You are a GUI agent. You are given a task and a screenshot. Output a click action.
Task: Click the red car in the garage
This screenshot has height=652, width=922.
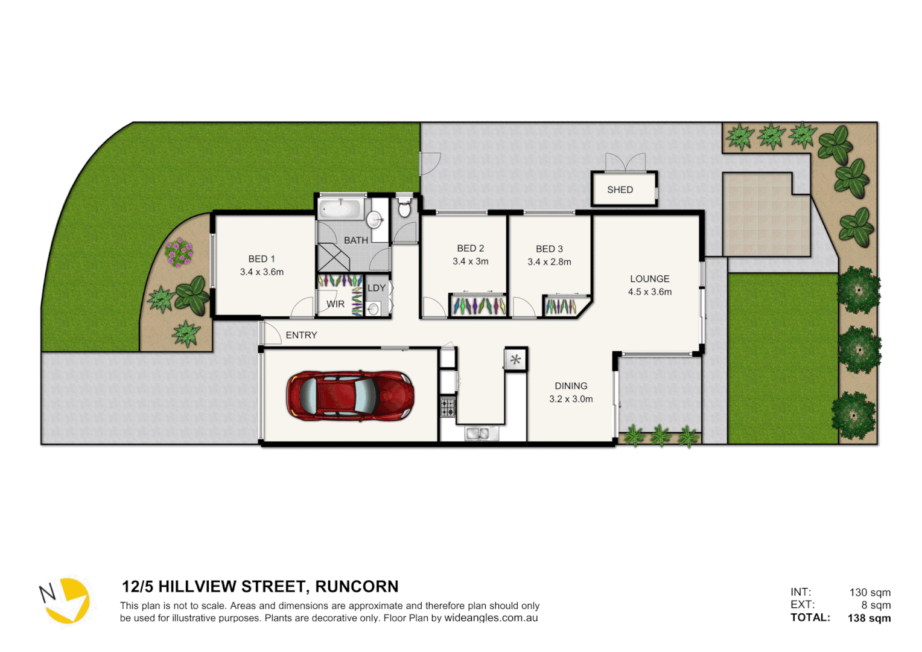click(x=350, y=396)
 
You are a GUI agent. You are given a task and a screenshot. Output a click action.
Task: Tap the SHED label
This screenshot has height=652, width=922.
click(x=620, y=190)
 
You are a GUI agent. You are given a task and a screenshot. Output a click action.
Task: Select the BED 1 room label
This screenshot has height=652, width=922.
click(x=261, y=259)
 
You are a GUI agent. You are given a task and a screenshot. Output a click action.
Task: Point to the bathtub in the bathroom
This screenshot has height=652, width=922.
click(x=340, y=209)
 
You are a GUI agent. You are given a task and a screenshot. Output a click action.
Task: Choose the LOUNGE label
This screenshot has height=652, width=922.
click(x=649, y=279)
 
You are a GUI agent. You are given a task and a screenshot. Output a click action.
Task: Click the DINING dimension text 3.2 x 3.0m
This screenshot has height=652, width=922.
click(x=571, y=399)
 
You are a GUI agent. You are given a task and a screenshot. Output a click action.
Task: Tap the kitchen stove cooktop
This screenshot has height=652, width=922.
click(x=447, y=407)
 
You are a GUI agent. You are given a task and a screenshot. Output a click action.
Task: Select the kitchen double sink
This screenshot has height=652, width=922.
click(x=481, y=433)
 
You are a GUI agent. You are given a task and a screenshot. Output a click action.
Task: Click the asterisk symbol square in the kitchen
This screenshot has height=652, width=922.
click(x=515, y=360)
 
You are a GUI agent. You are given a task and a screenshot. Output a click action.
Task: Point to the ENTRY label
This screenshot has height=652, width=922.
click(x=301, y=335)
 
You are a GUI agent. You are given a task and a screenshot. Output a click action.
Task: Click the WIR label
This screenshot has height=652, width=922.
click(x=335, y=304)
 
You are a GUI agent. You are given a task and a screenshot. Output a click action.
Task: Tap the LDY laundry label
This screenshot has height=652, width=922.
click(x=377, y=288)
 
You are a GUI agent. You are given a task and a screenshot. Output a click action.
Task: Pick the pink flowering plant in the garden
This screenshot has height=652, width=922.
click(x=179, y=252)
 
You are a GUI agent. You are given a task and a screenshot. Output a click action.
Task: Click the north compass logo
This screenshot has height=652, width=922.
click(x=65, y=600)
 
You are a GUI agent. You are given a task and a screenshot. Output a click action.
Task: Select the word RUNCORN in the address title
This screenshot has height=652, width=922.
click(x=357, y=587)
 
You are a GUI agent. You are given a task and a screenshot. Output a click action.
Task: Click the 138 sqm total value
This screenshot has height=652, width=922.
click(x=869, y=618)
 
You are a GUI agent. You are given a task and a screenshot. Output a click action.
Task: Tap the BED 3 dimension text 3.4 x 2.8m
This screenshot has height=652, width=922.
click(x=549, y=262)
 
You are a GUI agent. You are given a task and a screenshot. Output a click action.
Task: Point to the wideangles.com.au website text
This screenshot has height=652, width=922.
click(x=491, y=618)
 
